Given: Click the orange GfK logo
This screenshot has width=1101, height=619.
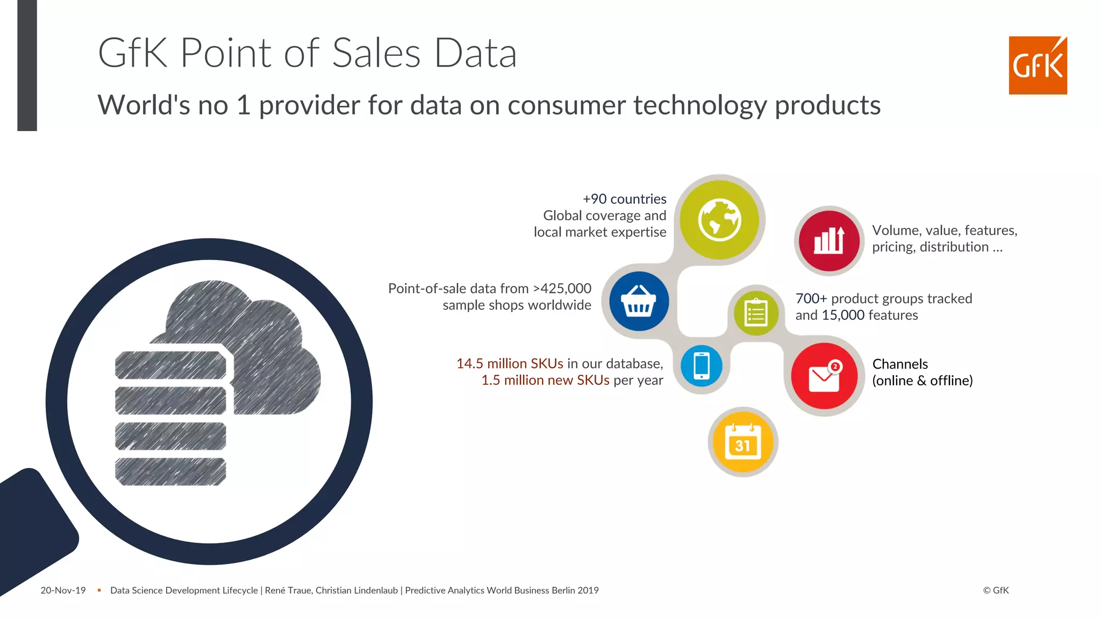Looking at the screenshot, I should [x=1037, y=66].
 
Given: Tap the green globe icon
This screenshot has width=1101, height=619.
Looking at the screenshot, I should [x=719, y=220].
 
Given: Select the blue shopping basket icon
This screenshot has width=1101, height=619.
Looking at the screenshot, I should [x=639, y=301].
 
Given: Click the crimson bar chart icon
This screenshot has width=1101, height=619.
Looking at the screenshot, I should [x=829, y=241].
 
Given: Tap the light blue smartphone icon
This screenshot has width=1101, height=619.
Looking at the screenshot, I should [x=702, y=366].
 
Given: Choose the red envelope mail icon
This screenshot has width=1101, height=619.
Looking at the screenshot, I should [x=824, y=376].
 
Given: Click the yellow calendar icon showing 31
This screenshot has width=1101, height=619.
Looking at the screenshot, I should [x=743, y=442].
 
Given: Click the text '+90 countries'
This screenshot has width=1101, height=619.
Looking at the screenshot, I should [x=624, y=199].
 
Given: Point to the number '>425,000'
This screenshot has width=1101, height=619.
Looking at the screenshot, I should [x=562, y=289].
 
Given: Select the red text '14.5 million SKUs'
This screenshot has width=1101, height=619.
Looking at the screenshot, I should [x=509, y=364].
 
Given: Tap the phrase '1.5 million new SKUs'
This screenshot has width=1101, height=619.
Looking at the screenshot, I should [x=545, y=380].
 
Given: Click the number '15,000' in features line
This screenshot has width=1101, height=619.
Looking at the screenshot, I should [x=843, y=315].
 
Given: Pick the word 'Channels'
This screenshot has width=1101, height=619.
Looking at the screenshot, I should [x=900, y=364].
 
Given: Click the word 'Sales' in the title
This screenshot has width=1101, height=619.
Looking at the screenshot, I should [x=376, y=53].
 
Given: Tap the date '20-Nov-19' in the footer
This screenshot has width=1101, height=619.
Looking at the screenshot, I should [x=63, y=591].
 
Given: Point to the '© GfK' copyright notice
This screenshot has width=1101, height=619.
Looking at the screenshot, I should [x=996, y=591].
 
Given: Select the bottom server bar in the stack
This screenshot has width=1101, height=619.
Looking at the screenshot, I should [x=170, y=472].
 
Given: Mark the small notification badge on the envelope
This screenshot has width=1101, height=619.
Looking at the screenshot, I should [x=835, y=366].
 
